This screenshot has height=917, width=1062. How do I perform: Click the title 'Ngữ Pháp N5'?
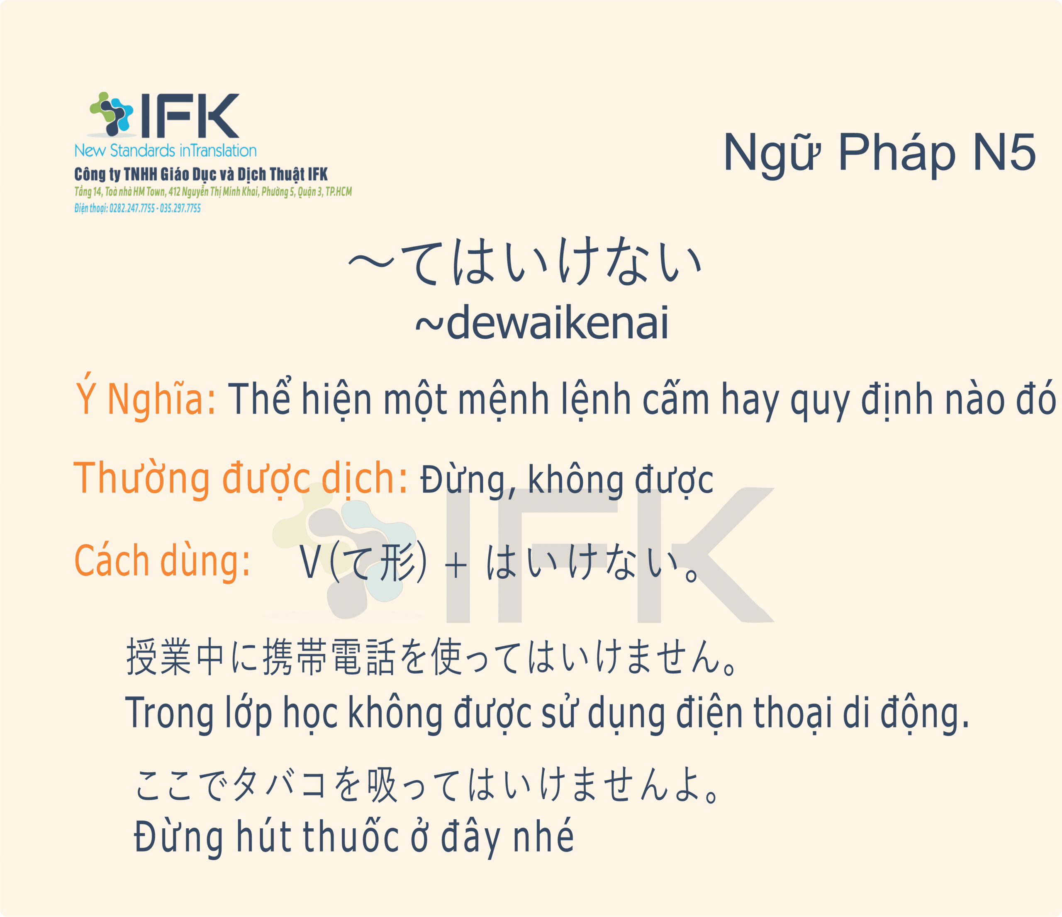[x=879, y=153]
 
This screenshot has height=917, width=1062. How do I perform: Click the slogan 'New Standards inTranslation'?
[x=165, y=150]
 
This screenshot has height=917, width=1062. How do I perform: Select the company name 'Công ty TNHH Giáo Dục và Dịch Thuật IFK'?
[x=201, y=174]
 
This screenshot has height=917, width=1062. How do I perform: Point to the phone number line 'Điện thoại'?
[x=137, y=208]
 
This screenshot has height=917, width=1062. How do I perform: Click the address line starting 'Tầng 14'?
[x=213, y=192]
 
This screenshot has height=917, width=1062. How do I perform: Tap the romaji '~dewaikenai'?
[x=542, y=323]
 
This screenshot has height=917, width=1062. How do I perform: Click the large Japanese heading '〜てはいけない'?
[x=525, y=261]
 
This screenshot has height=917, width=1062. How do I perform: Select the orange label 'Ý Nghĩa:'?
[x=146, y=397]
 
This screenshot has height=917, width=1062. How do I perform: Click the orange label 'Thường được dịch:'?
[x=241, y=479]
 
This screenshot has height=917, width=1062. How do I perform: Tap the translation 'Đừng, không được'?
[x=567, y=480]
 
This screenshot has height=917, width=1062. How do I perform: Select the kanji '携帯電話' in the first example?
[x=329, y=657]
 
